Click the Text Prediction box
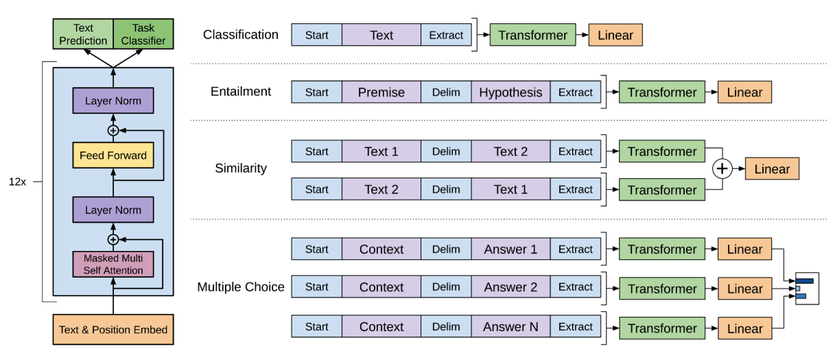[x=83, y=34]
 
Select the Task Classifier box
[x=143, y=34]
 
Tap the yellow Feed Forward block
[x=113, y=155]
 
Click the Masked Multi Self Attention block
[x=113, y=264]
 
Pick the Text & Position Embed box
[x=113, y=329]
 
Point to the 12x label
[x=18, y=182]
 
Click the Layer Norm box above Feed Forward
[x=113, y=101]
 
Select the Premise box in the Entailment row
[x=381, y=92]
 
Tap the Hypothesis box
[x=510, y=92]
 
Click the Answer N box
[x=510, y=326]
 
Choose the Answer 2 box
[x=510, y=287]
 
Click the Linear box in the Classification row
[x=615, y=35]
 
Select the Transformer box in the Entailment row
[x=662, y=92]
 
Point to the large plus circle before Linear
[x=722, y=169]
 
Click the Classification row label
[x=241, y=35]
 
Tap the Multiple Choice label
[x=241, y=287]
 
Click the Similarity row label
[x=241, y=168]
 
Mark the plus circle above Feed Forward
[x=113, y=130]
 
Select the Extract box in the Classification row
[x=446, y=35]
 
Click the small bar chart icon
[x=807, y=289]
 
